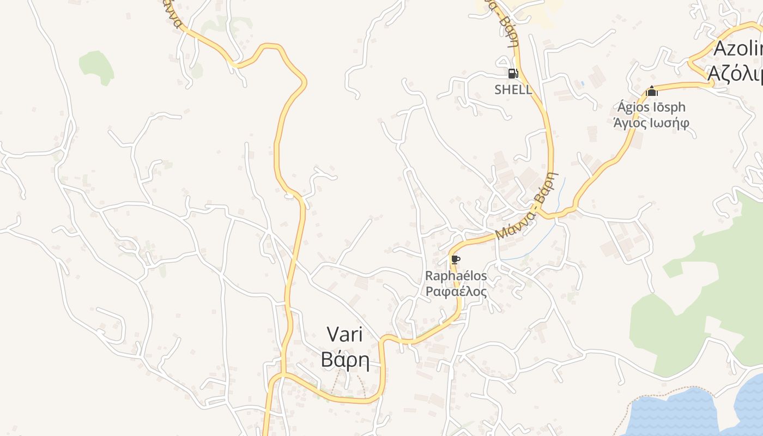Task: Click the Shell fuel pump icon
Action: pyautogui.click(x=512, y=74)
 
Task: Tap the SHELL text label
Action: pyautogui.click(x=513, y=90)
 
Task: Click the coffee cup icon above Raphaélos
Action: pyautogui.click(x=456, y=259)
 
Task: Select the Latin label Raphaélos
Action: pyautogui.click(x=456, y=276)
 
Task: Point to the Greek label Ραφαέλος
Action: pyautogui.click(x=456, y=292)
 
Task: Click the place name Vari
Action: pyautogui.click(x=345, y=334)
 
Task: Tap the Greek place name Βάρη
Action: pyautogui.click(x=345, y=360)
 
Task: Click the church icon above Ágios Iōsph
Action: pyautogui.click(x=651, y=91)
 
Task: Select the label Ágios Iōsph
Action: pyautogui.click(x=651, y=107)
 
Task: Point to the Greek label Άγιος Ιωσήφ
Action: pyautogui.click(x=651, y=123)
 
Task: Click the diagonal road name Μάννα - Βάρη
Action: pyautogui.click(x=527, y=206)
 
